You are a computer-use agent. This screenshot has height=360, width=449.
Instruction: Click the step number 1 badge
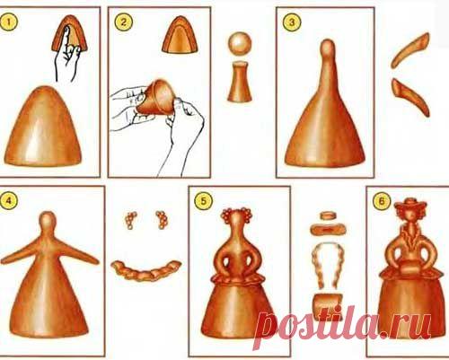9,22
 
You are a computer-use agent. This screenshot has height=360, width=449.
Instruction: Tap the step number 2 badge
123,22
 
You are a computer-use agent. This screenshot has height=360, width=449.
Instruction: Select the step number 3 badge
292,22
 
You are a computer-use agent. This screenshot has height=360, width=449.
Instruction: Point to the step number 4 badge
9,201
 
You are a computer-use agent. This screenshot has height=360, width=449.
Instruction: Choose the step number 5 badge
203,201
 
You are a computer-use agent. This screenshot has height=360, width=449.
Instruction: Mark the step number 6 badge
382,201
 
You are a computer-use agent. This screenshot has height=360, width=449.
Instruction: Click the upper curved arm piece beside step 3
410,49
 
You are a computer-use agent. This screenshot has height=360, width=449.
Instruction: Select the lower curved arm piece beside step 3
410,96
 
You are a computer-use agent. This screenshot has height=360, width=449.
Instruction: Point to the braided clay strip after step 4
146,270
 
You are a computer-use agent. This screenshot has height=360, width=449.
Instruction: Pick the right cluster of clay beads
162,220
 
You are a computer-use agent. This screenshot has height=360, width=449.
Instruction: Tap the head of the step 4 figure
48,221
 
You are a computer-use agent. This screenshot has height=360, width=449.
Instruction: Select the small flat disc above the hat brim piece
327,215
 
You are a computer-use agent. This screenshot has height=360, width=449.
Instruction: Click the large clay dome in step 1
43,127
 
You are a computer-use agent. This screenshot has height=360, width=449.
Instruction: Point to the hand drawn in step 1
66,56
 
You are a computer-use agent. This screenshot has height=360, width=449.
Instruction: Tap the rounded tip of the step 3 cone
328,48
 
